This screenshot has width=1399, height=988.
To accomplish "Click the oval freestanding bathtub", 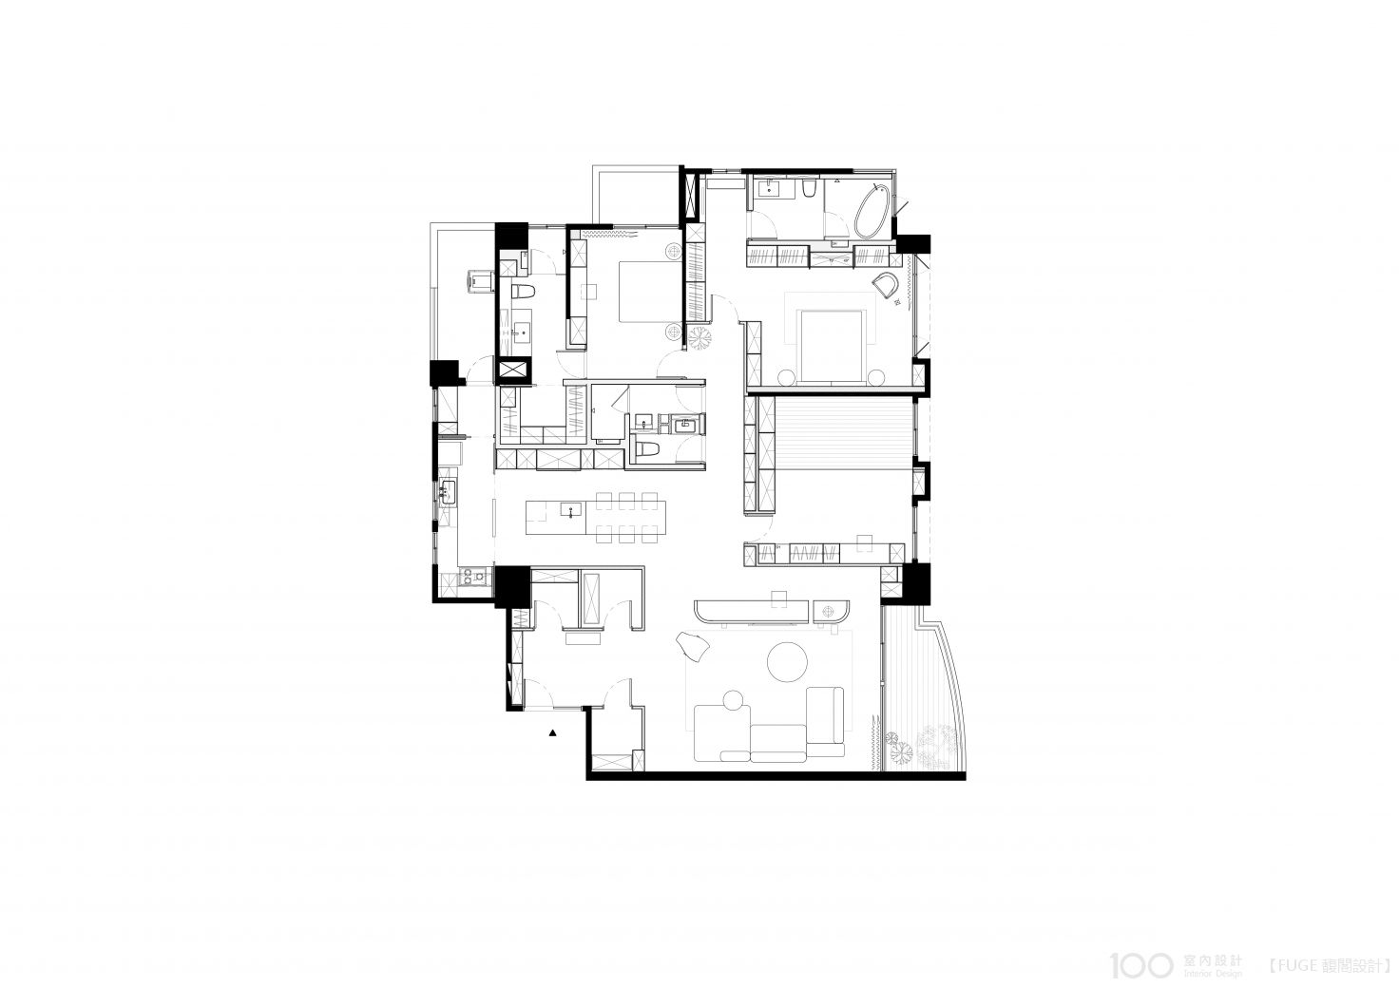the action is click(x=872, y=211).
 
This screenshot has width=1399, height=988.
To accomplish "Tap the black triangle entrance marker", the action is click(x=552, y=733).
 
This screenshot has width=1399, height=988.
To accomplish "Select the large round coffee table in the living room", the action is click(x=787, y=661).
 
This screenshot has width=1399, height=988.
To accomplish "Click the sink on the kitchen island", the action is click(x=134, y=510).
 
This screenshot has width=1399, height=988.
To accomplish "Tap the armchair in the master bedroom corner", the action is click(x=886, y=286).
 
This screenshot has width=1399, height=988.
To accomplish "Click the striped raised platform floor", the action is click(x=843, y=435).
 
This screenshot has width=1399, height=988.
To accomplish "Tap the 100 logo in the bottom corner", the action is click(x=1141, y=964).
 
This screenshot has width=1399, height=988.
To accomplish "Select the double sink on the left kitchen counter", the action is click(x=448, y=492).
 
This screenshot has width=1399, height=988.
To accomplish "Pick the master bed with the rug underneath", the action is click(x=832, y=346).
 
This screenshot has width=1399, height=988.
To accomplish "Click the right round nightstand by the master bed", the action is click(x=876, y=377).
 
